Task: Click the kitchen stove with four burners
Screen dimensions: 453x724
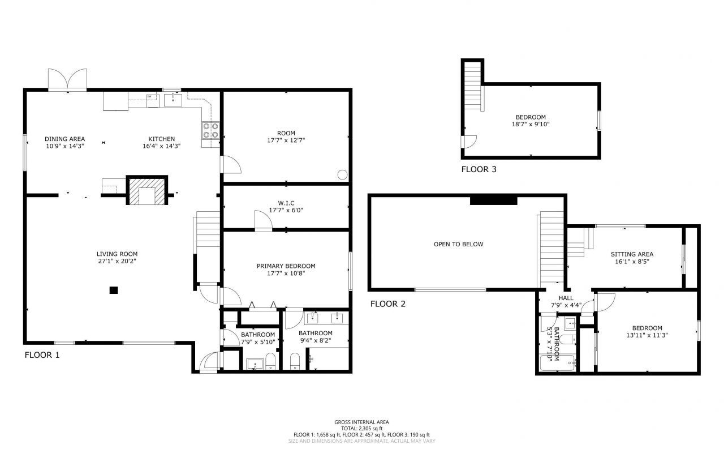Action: point(210,131)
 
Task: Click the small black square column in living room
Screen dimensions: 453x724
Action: point(114,290)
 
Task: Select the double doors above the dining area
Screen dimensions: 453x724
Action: point(68,80)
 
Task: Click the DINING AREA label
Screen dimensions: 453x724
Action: point(65,139)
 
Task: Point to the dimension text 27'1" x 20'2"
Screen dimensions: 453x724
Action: point(117,262)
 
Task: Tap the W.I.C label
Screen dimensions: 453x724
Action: point(286,203)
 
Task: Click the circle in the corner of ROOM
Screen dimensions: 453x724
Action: point(342,175)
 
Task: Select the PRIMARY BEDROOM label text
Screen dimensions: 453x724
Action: point(286,266)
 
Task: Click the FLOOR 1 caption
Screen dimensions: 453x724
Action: point(42,356)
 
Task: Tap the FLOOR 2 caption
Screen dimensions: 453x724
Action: point(388,304)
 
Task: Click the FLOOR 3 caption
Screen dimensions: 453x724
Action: point(479,169)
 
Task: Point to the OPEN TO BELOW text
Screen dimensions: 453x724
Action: point(459,245)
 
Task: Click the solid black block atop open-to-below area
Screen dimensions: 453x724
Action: point(494,199)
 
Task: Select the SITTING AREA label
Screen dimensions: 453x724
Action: point(632,254)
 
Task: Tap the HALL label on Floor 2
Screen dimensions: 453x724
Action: point(566,298)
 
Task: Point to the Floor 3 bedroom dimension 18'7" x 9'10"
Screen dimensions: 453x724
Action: point(531,125)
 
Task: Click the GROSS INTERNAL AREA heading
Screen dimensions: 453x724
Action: point(361,422)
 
